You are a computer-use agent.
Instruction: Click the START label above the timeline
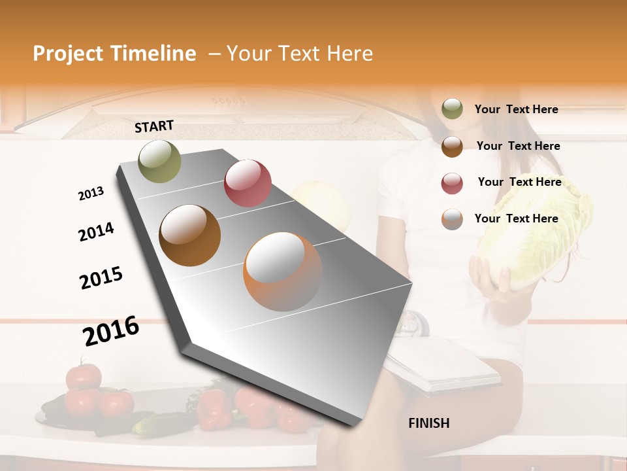[154, 126]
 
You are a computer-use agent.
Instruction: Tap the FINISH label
[428, 423]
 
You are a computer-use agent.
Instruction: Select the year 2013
[91, 194]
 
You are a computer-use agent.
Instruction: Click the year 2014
[96, 232]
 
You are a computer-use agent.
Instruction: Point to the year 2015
[101, 279]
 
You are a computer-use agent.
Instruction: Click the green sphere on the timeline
[160, 161]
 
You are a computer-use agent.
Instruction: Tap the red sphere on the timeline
[248, 183]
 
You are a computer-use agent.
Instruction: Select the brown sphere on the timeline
[189, 235]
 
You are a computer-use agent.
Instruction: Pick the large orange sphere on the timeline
[283, 271]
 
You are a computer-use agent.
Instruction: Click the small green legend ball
[452, 109]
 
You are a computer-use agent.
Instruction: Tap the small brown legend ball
[452, 146]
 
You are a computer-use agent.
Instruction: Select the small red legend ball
[452, 183]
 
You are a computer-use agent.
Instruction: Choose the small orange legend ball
[452, 219]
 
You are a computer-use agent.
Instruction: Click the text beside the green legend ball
[516, 109]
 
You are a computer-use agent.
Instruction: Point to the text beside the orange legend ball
[516, 218]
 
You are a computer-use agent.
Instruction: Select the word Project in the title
[68, 54]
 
